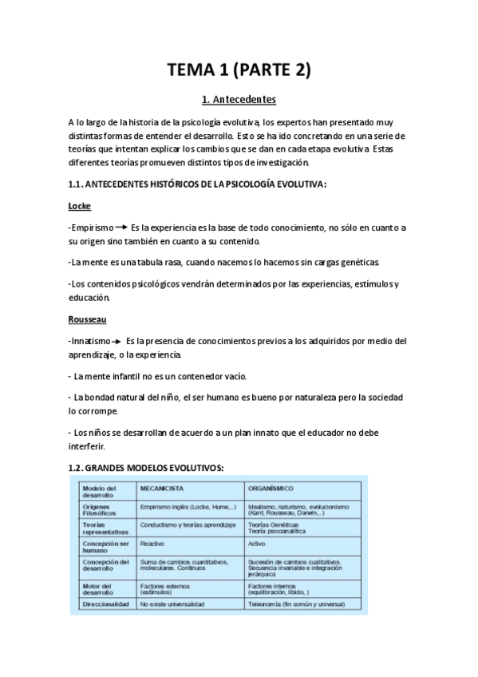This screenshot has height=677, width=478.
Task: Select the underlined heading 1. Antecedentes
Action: pos(239,101)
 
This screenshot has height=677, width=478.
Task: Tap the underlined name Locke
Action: pos(80,206)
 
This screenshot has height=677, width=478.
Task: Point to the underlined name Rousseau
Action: pos(86,320)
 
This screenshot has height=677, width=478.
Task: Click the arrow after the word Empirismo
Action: pos(122,228)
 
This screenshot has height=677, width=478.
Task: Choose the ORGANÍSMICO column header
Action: pos(271,488)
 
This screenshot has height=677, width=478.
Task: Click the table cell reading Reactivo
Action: pos(152,543)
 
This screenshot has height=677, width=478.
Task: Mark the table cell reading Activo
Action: pos(257,543)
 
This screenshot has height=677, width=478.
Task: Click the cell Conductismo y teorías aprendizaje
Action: pos(188,525)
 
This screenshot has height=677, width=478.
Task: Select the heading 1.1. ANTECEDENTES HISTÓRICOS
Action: pos(198,184)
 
